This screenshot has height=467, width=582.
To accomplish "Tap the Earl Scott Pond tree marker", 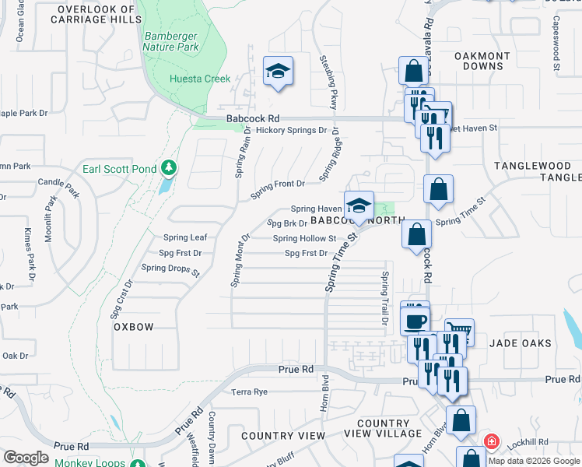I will tap(168, 168).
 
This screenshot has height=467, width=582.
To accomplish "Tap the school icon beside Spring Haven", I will tap(359, 206).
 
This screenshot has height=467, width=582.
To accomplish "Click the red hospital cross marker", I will tap(491, 442).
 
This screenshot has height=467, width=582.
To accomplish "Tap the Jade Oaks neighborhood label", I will tap(521, 343).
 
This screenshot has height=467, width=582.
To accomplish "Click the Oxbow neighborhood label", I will tap(134, 327).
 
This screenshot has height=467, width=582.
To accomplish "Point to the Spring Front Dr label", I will tap(277, 184).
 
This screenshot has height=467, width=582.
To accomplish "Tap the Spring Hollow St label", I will tap(304, 239).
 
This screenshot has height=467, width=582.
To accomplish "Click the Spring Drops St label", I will tap(170, 269).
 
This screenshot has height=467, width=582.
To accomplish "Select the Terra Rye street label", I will tap(249, 392).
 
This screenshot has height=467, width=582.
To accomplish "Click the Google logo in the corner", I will tap(26, 458).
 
